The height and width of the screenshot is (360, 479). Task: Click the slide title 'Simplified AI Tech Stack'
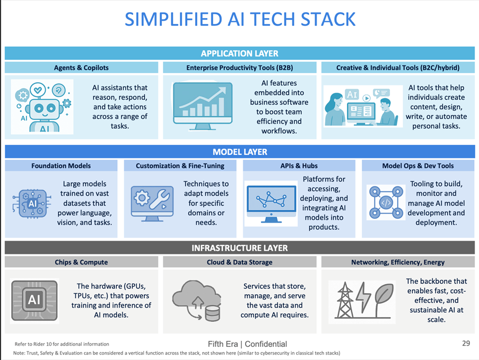click(x=240, y=20)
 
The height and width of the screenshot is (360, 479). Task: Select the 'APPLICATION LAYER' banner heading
click(x=239, y=54)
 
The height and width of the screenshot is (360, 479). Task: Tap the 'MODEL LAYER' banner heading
click(x=239, y=152)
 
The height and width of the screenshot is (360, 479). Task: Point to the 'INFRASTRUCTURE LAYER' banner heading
click(x=239, y=248)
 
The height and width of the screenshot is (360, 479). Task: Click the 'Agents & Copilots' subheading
click(x=81, y=68)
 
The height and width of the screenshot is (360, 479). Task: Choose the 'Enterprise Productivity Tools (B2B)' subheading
click(x=239, y=68)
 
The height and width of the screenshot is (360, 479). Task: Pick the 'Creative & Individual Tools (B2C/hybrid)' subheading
click(x=397, y=68)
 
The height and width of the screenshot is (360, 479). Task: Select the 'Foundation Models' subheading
click(x=61, y=166)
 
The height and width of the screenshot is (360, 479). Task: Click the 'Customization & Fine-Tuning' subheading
click(x=180, y=166)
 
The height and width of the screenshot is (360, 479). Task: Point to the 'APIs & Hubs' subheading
click(x=299, y=166)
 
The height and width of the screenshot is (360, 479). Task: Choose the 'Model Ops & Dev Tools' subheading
click(x=418, y=166)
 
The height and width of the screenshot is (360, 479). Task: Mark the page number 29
click(x=466, y=344)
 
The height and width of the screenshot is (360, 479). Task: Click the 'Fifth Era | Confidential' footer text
click(x=247, y=344)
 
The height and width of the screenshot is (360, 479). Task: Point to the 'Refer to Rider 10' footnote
click(x=62, y=344)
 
